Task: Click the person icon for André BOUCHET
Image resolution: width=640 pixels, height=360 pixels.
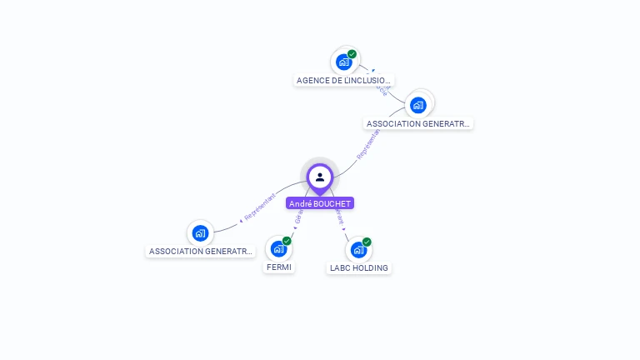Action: coord(320,177)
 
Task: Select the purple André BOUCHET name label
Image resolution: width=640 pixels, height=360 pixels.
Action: coord(320,203)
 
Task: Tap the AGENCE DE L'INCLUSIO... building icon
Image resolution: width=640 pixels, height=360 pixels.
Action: coord(343,62)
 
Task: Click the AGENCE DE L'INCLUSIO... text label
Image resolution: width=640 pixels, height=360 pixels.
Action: coord(344,81)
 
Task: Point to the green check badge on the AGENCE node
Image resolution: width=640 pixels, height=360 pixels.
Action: coord(352,54)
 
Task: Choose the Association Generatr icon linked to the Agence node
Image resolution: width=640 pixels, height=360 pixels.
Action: coord(418,104)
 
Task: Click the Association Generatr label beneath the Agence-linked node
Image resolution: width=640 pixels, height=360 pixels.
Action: coord(418,123)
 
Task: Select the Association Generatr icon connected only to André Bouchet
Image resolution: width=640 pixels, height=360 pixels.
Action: coord(200,232)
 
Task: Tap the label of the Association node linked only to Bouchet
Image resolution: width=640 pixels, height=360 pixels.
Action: coord(200,251)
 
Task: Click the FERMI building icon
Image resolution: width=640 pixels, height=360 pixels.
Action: coord(278,248)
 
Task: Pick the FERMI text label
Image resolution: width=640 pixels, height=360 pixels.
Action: coord(278,267)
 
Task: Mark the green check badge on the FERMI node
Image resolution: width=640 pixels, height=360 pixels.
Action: coord(287,241)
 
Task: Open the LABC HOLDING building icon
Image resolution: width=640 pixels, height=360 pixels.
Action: coord(358,249)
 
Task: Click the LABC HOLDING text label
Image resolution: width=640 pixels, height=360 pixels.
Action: coord(358,267)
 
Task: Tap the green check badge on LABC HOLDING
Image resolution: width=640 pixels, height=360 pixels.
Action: coord(367,242)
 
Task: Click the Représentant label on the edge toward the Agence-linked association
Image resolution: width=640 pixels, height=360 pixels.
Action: coord(367,143)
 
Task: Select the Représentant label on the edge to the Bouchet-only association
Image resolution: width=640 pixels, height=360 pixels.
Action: coord(258,208)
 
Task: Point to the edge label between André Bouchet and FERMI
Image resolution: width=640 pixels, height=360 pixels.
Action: coord(297,218)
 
